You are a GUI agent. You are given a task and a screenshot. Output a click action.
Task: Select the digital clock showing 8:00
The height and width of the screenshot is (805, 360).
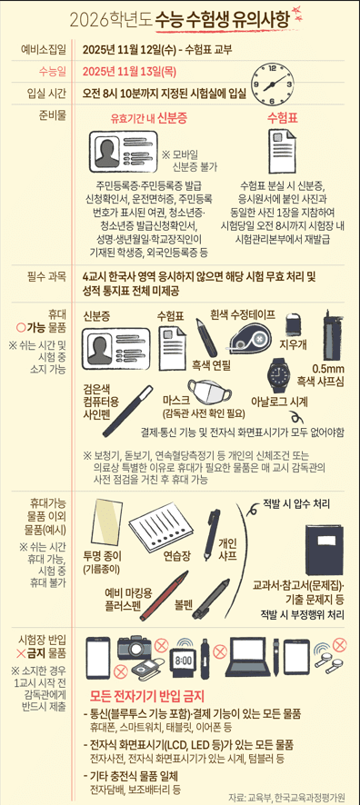[183, 661]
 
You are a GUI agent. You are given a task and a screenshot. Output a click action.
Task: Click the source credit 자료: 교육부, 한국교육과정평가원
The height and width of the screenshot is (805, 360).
[290, 794]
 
